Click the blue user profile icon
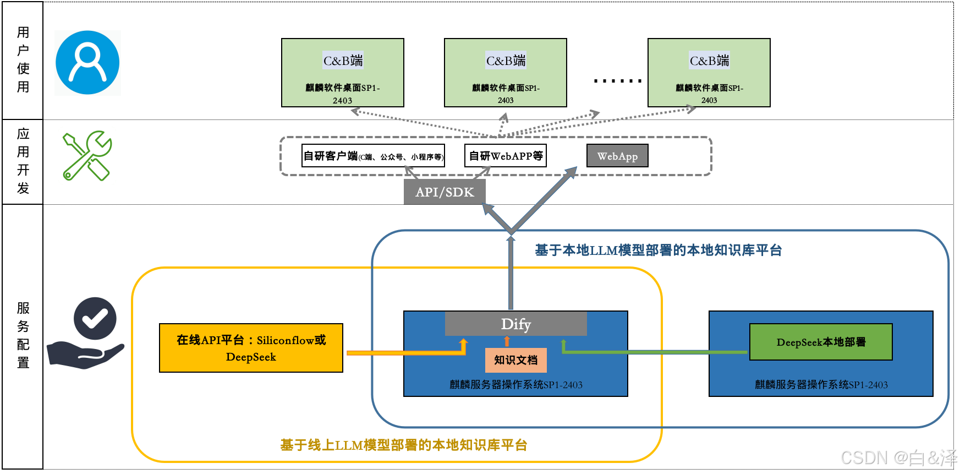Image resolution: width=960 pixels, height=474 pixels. [87, 63]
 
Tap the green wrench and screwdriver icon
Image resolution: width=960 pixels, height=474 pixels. [87, 156]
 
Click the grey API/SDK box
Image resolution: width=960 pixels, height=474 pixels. [445, 192]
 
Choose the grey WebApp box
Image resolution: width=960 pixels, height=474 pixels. [617, 156]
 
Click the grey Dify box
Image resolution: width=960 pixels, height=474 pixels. [515, 324]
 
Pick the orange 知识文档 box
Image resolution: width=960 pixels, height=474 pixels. [515, 360]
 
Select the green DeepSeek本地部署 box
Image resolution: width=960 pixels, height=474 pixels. [821, 342]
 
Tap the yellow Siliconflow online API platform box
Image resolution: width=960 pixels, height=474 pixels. [251, 348]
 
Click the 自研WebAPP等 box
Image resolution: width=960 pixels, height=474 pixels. [506, 156]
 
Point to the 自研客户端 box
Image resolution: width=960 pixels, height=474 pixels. [373, 156]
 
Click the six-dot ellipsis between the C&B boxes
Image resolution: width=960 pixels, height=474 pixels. [618, 81]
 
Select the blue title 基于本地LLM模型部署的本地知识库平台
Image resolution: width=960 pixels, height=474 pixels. [658, 250]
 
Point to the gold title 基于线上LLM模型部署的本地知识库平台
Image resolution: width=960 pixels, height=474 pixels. [403, 445]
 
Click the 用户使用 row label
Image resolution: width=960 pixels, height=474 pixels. [23, 59]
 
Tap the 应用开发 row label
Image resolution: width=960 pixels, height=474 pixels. [23, 161]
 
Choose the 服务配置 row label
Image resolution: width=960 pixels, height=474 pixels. [23, 335]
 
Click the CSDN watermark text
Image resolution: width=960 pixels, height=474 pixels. [899, 458]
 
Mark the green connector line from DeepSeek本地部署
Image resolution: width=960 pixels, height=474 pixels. [655, 352]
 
